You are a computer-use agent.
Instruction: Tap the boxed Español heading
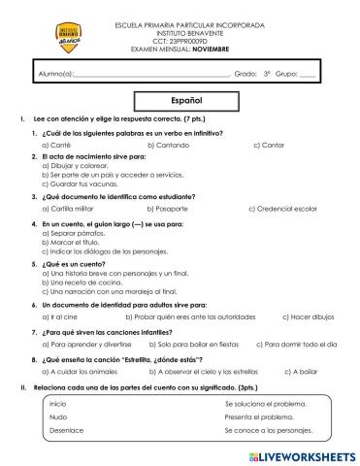pyautogui.click(x=180, y=100)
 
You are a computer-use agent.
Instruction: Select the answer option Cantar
pyautogui.click(x=272, y=144)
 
